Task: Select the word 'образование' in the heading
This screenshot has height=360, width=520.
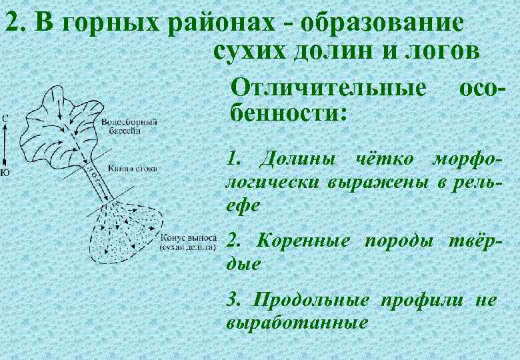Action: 381,23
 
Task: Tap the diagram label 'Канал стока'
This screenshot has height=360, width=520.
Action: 132,169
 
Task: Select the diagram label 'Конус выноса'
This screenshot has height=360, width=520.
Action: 189,237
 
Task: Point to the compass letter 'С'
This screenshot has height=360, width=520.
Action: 5,118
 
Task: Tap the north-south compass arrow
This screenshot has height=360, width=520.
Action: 5,145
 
